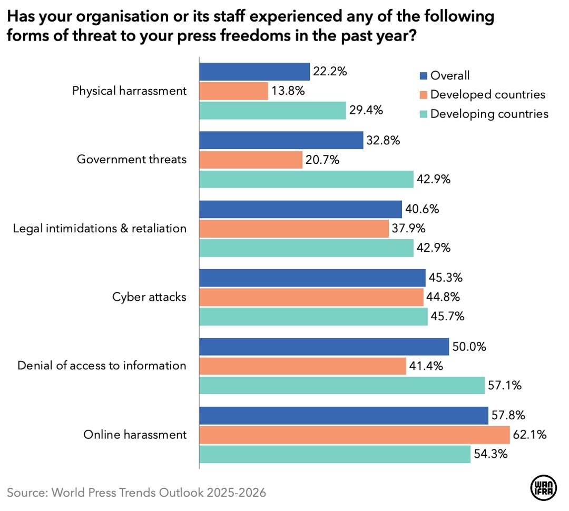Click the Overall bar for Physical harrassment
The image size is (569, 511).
[254, 72]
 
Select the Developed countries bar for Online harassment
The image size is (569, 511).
[354, 435]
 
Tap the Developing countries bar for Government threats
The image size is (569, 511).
[306, 179]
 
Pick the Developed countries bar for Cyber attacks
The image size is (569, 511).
[311, 297]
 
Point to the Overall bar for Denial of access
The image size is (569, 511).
[323, 347]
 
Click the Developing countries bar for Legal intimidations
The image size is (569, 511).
[306, 248]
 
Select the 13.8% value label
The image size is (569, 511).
[288, 91]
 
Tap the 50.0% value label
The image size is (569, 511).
[469, 347]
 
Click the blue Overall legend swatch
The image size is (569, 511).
[422, 75]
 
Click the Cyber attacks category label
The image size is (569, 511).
[149, 297]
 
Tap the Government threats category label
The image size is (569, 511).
[132, 159]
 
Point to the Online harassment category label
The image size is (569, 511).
[135, 435]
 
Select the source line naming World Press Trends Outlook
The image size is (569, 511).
[136, 493]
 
